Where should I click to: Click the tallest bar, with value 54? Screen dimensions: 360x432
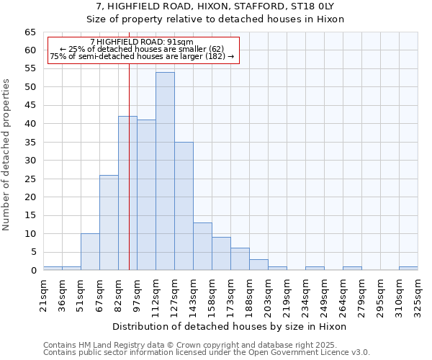165,171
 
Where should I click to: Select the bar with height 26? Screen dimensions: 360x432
109,222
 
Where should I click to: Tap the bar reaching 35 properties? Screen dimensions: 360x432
184,206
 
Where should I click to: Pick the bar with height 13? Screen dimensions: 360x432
202,246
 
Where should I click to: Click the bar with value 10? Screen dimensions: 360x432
90,252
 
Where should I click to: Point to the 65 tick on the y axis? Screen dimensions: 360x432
30,32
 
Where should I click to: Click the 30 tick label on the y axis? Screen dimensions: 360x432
30,161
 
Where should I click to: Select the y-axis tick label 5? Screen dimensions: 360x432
33,252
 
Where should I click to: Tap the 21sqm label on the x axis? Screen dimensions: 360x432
43,294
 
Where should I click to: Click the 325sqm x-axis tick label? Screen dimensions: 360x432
418,294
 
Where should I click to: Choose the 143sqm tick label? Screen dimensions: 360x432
193,294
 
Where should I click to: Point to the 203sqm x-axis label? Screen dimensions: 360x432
268,294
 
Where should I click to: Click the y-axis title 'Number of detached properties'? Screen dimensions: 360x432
7,155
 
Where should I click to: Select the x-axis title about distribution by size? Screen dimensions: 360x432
230,326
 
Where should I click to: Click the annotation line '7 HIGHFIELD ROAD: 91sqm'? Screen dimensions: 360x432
142,42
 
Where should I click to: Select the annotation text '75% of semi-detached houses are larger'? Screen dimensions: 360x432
142,57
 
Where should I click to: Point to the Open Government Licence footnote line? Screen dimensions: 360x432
207,352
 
